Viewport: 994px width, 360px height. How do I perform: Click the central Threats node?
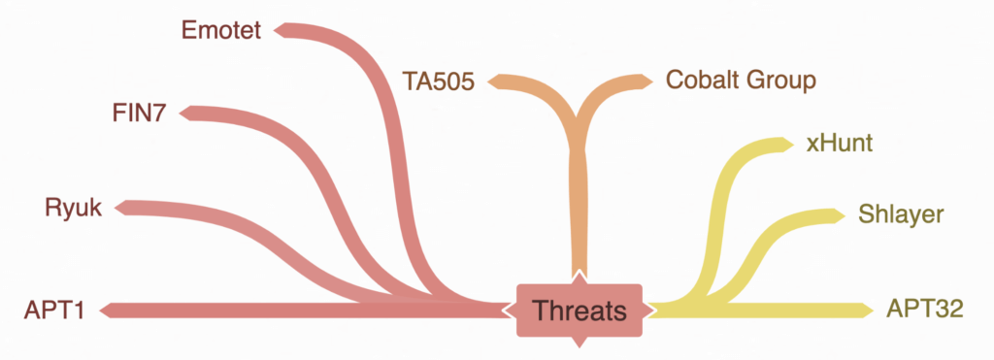[x=580, y=311]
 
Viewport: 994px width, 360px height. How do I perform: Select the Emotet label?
[x=221, y=30]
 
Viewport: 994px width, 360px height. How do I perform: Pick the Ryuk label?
[x=73, y=207]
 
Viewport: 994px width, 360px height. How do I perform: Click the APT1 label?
[x=55, y=311]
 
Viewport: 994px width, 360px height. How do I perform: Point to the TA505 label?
[x=439, y=81]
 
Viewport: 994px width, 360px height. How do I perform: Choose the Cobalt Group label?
[x=741, y=80]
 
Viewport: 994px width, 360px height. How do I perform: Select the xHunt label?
[x=841, y=145]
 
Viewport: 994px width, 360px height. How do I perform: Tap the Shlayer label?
[x=901, y=214]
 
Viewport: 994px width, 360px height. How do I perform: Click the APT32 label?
[x=924, y=311]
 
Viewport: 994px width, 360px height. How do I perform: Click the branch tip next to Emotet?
[x=282, y=30]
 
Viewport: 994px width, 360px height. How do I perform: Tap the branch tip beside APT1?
[x=106, y=311]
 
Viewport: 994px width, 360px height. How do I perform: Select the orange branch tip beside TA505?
[x=497, y=82]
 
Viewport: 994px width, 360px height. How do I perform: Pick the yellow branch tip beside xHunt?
[x=786, y=146]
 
